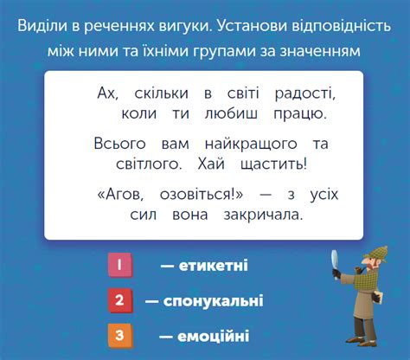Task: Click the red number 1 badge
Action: pyautogui.click(x=119, y=266)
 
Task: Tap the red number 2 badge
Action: pyautogui.click(x=119, y=301)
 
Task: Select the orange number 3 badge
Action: pyautogui.click(x=119, y=335)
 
